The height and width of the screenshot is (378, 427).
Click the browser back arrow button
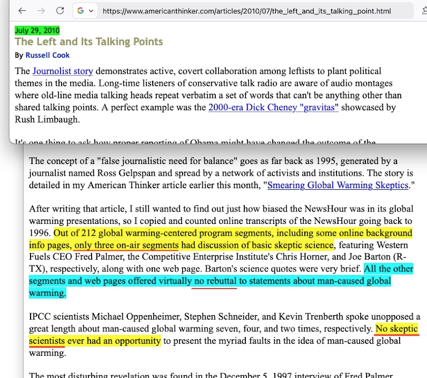[21, 11]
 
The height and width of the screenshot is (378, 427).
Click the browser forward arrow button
[41, 11]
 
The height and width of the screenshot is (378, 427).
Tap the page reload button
[60, 11]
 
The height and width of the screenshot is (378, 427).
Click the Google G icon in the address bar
[81, 11]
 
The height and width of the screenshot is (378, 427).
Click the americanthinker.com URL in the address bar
[246, 11]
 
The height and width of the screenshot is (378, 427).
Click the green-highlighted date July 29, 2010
[37, 31]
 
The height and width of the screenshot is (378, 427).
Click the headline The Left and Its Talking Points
[89, 42]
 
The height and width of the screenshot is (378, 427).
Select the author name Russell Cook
[47, 55]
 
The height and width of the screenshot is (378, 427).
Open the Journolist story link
[62, 71]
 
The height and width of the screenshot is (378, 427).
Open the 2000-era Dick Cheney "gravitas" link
[273, 108]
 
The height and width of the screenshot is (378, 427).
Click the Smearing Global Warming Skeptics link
[337, 185]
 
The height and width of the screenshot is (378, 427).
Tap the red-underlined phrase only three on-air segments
[126, 245]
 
